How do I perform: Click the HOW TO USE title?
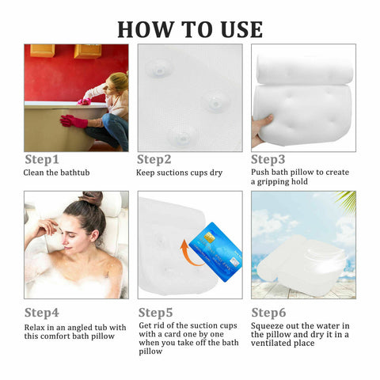coord(190,28)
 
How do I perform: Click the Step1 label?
coord(42,159)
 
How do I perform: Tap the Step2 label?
coord(154,159)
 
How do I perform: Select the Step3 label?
coord(268,159)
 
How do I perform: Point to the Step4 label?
coord(42,312)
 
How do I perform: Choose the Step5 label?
coord(156,312)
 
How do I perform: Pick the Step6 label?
coord(269,312)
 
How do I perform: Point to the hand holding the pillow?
coord(261,127)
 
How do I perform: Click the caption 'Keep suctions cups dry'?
coord(179,172)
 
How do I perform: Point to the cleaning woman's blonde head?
coord(116,82)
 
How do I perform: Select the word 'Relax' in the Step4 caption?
coord(33,326)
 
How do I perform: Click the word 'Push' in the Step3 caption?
coord(260,172)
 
